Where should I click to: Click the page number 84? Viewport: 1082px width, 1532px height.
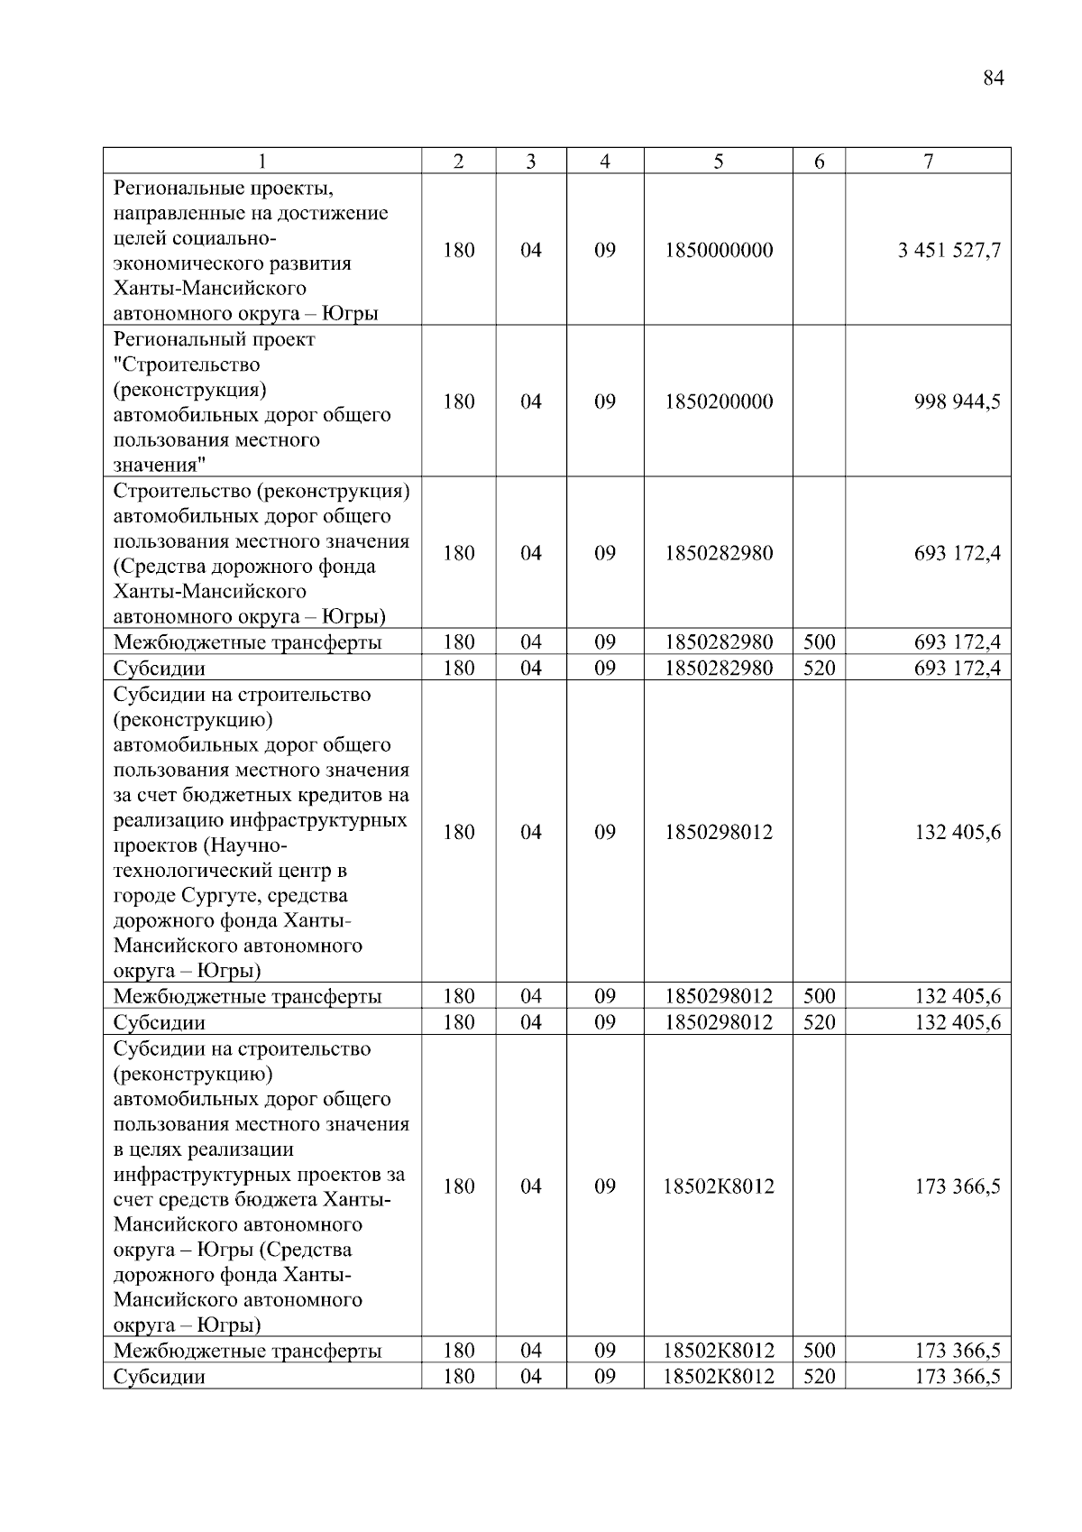(x=993, y=78)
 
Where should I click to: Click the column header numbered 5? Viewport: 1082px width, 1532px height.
(x=718, y=162)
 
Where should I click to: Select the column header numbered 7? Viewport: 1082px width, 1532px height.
(x=928, y=162)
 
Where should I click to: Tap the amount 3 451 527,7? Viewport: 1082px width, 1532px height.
(x=949, y=251)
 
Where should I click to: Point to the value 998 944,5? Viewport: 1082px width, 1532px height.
(x=957, y=402)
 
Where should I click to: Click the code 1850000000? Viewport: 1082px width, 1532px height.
(x=719, y=251)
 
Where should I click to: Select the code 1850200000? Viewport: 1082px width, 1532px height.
(x=719, y=402)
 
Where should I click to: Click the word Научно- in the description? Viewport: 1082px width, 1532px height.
(x=250, y=846)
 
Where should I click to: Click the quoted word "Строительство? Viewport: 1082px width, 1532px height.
(x=187, y=365)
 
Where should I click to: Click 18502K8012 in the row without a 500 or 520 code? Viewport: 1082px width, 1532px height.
(x=719, y=1187)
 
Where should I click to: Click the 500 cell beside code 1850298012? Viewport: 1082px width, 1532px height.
(x=819, y=997)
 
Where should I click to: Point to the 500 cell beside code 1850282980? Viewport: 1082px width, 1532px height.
(x=819, y=643)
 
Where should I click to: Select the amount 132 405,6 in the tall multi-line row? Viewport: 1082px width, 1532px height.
(x=957, y=833)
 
